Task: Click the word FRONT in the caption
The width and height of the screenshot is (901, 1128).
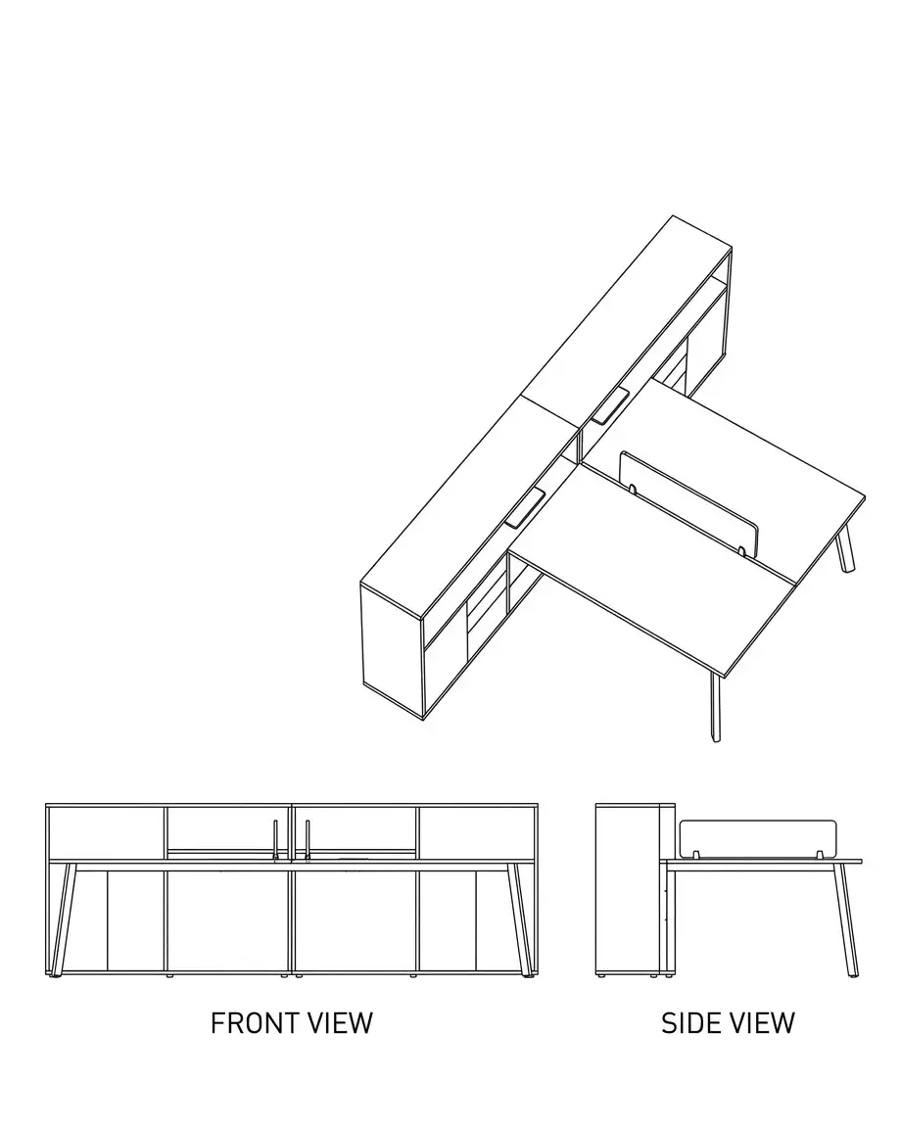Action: click(x=254, y=1022)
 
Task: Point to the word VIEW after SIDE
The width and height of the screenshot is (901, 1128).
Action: click(x=762, y=1022)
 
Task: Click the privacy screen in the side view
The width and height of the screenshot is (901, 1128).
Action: click(x=758, y=838)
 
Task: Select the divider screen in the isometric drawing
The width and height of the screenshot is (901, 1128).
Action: click(x=688, y=502)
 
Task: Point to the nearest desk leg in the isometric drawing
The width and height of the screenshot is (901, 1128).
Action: click(x=714, y=709)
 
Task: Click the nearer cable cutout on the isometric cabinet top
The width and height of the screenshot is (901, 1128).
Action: click(x=525, y=508)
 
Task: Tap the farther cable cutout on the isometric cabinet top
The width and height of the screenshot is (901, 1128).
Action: click(x=609, y=405)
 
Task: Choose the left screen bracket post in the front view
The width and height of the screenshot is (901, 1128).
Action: click(x=275, y=839)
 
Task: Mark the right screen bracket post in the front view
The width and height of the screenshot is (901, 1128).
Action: click(x=308, y=839)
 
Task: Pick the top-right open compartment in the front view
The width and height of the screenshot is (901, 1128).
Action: click(x=476, y=832)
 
